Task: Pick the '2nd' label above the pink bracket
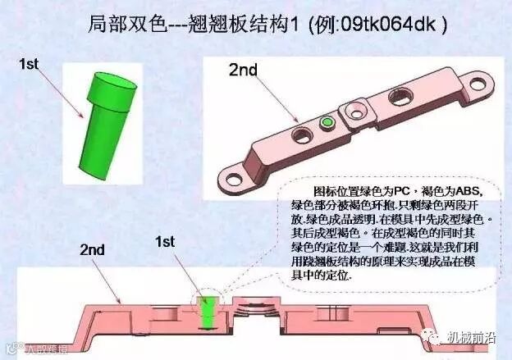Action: [x=244, y=71]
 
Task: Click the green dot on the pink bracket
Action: [x=328, y=121]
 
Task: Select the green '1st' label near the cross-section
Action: [x=166, y=241]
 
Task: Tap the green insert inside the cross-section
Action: [x=208, y=311]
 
